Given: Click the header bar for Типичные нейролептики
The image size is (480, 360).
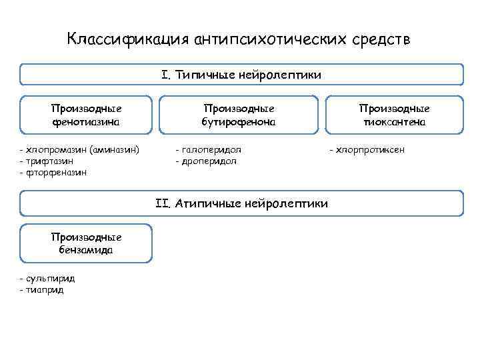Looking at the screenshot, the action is tap(241, 75).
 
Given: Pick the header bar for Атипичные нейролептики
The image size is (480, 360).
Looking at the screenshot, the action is tap(241, 203).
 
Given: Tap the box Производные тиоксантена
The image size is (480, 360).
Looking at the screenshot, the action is tap(394, 115).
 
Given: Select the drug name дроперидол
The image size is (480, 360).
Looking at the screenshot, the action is tap(209, 161).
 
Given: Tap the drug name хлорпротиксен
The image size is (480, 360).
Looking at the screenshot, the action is tap(369, 150).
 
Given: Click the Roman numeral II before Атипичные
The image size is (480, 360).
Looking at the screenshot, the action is tap(163, 203).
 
